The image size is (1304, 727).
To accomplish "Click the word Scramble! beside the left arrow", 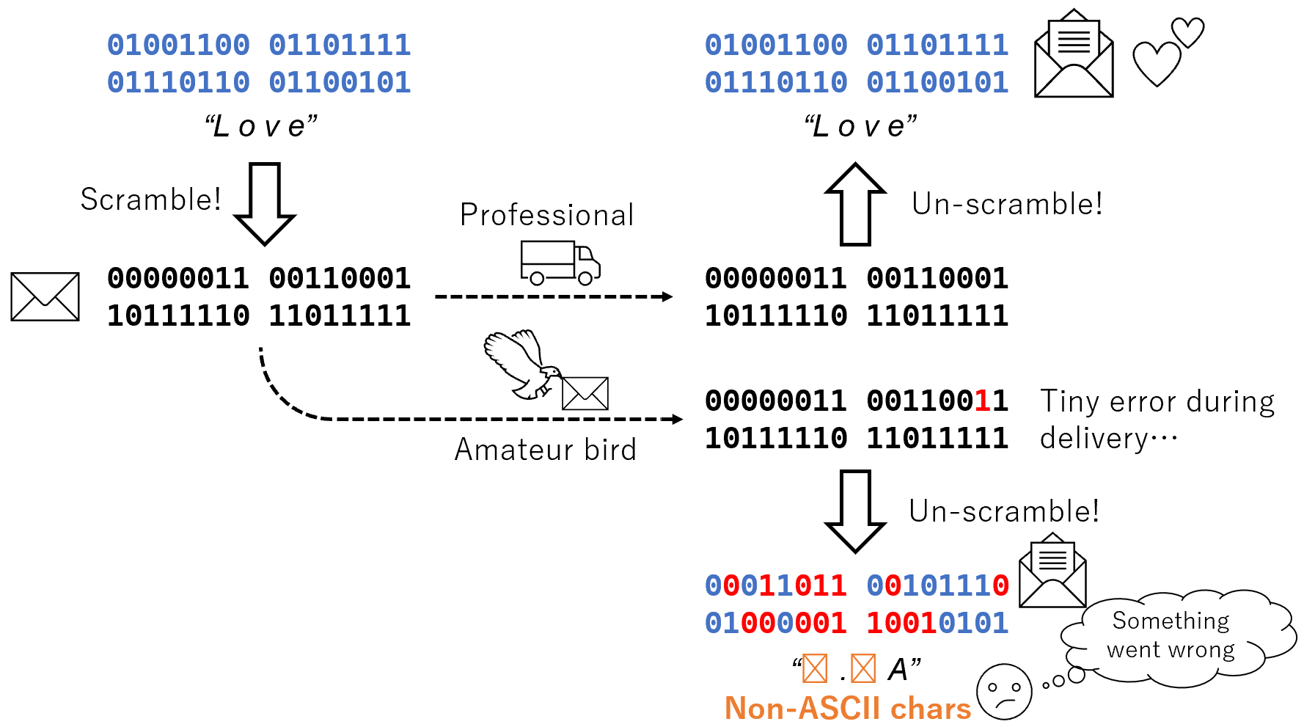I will coord(150,200).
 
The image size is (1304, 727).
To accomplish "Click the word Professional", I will coord(546,215).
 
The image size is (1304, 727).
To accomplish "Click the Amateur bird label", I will coord(545,450).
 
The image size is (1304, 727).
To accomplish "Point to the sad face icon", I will coord(1003,692).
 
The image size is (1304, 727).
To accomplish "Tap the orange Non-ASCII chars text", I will coord(847,709).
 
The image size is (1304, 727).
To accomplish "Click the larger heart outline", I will coord(1157,64).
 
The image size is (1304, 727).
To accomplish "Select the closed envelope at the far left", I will coord(45,296).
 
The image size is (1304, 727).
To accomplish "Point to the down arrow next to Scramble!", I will coord(264,204).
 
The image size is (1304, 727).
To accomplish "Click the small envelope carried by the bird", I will coord(585,393).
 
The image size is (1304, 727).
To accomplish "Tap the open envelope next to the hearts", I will coord(1074,55).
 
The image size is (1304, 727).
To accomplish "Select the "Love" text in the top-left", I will coord(261,126).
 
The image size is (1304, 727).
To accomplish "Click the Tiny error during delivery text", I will coord(1157,420).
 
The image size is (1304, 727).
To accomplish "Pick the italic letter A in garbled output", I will coord(898,669).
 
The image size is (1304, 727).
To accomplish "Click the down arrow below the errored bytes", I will coord(855,511).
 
